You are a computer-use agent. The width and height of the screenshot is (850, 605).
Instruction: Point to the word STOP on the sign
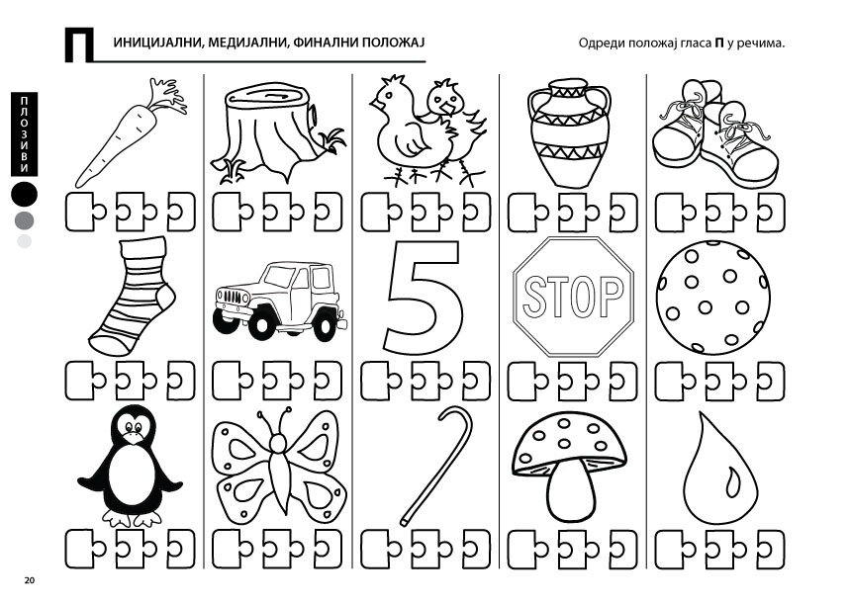click(573, 296)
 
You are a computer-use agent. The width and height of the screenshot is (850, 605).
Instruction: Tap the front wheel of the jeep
click(261, 324)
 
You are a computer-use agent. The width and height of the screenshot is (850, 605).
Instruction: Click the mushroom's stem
click(570, 490)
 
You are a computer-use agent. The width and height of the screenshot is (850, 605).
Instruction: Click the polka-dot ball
click(712, 298)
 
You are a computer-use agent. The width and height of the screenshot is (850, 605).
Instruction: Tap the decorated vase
click(569, 132)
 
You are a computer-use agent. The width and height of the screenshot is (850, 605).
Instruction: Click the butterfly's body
click(279, 472)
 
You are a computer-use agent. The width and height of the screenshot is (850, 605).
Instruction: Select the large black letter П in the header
click(78, 44)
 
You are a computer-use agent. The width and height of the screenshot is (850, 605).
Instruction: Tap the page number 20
click(30, 580)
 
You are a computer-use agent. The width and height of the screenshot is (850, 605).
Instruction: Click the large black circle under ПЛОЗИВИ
click(25, 194)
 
